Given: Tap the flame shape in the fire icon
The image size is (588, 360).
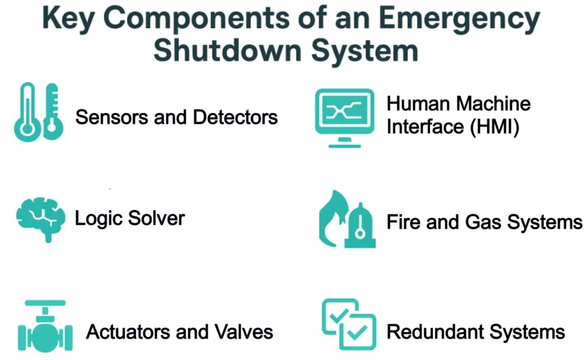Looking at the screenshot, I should pos(333,221).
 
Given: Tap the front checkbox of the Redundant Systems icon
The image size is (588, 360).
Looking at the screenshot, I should pos(358,332).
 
